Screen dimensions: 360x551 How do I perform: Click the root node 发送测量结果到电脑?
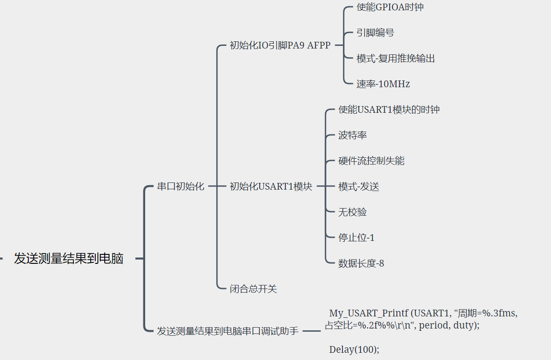coord(68,259)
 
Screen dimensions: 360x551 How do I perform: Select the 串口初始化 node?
coord(181,186)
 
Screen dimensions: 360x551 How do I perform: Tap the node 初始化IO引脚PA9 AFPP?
coord(280,45)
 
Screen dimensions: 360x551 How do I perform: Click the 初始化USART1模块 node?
coord(271,186)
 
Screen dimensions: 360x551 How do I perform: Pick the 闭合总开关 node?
coord(253,289)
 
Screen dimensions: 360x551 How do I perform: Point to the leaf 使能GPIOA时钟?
coord(390,7)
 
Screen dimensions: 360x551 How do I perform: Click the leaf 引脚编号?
coord(375,33)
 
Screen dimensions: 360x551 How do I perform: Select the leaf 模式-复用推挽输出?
coord(395,58)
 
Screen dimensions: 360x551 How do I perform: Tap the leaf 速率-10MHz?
coord(383,84)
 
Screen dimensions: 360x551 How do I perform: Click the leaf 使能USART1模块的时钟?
coord(389,110)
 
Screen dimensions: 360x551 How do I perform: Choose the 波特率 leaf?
coord(353,135)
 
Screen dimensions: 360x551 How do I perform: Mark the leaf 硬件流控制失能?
coord(371,161)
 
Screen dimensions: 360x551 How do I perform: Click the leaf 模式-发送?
coord(359,187)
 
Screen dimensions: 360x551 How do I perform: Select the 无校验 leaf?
coord(352,212)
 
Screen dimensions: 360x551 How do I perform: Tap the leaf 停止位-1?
coord(356,238)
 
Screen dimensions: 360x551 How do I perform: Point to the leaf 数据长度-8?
coord(361,263)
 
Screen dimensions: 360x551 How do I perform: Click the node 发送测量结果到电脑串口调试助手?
coord(227,331)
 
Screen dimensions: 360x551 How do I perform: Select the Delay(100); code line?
coord(354,349)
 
